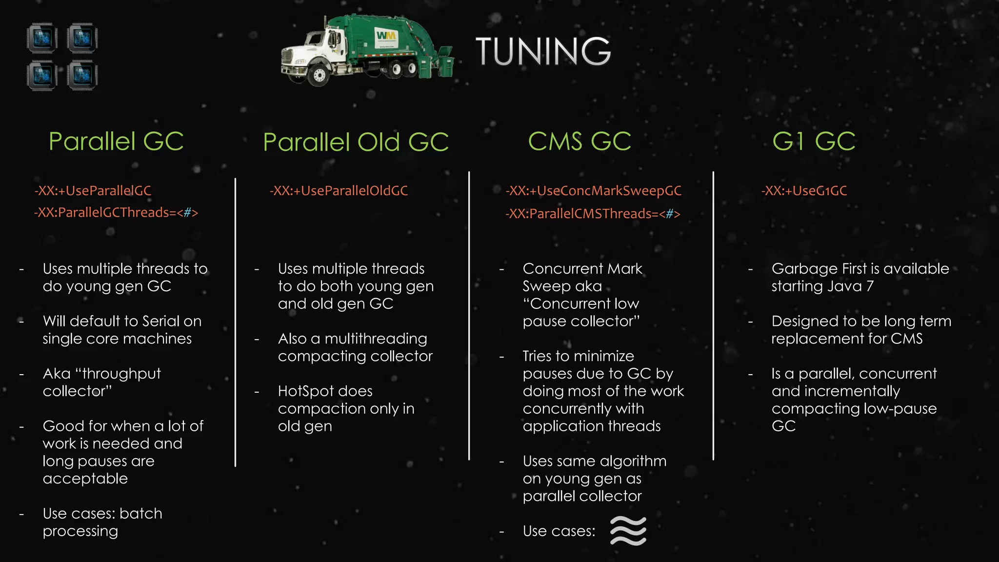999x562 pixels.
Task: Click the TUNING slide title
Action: coord(543,51)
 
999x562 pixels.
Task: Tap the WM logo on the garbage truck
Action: coord(386,36)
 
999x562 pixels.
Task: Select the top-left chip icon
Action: coord(42,38)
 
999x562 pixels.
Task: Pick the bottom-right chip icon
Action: coord(82,76)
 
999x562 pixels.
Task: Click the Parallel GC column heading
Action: coord(116,141)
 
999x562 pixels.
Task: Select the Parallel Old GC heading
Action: coord(356,142)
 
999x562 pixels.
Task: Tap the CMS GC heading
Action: coord(579,141)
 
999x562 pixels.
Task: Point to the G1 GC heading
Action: coord(814,141)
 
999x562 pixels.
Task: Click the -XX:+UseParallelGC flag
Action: coord(93,191)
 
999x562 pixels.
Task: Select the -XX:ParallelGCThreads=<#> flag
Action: coord(116,213)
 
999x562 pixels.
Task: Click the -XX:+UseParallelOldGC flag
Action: coord(339,191)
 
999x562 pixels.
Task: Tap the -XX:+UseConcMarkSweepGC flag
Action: coord(594,191)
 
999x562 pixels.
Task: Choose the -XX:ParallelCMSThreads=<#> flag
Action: coord(593,214)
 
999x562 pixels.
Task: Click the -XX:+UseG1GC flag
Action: coord(804,191)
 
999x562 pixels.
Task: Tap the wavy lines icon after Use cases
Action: coord(628,531)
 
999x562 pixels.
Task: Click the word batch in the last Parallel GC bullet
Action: coord(141,514)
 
